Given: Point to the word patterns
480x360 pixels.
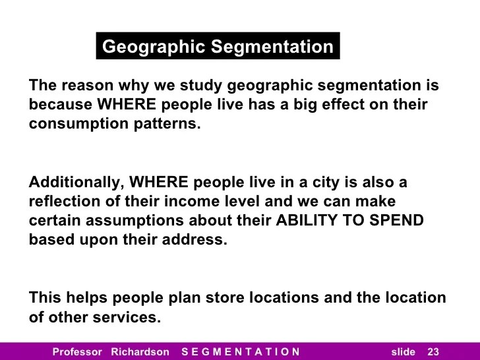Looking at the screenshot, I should coord(165,123).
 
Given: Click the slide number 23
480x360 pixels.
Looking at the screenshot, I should coord(433,351).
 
